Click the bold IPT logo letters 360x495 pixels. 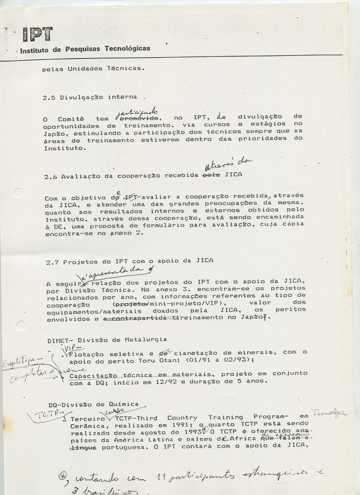(37, 34)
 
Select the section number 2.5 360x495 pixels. (50, 98)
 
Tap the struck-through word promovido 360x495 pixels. (138, 119)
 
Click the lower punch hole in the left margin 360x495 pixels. (21, 325)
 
